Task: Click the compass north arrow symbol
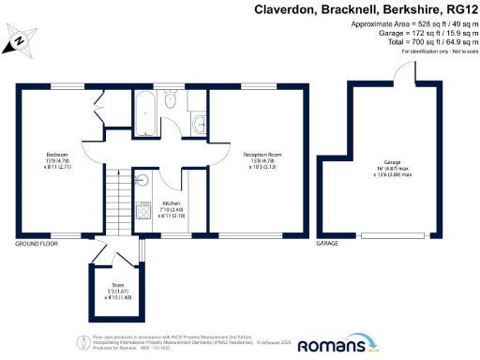pyautogui.click(x=20, y=42)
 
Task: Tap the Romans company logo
pyautogui.click(x=331, y=345)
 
